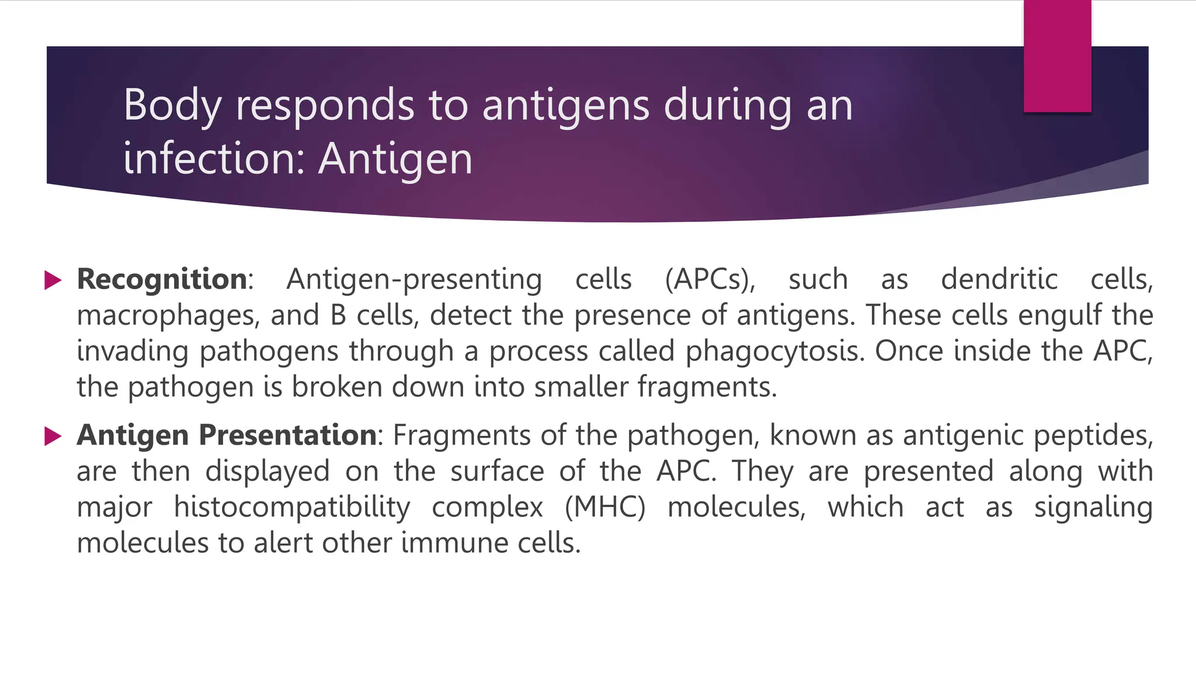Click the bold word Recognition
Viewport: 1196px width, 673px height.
coord(162,279)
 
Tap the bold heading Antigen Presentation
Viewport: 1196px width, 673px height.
coord(227,435)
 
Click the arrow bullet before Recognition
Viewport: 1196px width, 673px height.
coord(53,280)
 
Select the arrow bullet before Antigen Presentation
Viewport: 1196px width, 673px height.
coord(53,436)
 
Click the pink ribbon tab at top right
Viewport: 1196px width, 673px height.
coord(1057,56)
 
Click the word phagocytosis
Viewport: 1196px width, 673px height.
coord(774,352)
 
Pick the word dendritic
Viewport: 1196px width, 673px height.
coord(999,279)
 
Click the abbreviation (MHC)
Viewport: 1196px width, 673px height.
coord(605,507)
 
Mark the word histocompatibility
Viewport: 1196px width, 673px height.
coord(292,507)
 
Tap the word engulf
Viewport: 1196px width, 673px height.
coord(1060,316)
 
